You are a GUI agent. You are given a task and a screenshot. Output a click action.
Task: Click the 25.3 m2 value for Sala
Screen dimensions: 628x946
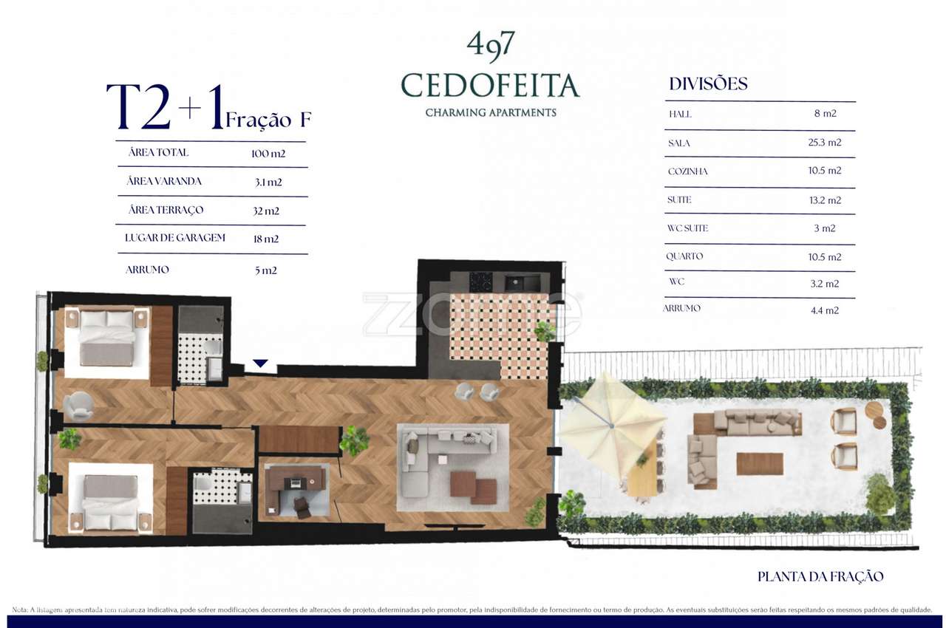(824, 143)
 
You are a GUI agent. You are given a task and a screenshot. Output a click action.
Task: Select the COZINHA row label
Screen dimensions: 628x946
(687, 171)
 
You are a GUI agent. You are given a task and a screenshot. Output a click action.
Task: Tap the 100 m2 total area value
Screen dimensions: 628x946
(268, 154)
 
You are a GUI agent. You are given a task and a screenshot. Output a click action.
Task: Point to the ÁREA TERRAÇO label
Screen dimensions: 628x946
(166, 211)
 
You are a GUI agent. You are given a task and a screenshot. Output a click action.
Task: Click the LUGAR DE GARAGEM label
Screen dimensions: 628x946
(175, 239)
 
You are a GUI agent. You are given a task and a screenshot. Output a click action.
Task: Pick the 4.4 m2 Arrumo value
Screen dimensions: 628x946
(824, 311)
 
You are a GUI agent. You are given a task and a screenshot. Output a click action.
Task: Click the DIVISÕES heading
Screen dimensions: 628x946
(708, 84)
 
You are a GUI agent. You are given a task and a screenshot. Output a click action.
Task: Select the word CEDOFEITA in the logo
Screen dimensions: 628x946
(490, 86)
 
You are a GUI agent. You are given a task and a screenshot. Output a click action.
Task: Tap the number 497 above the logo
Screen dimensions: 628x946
(490, 47)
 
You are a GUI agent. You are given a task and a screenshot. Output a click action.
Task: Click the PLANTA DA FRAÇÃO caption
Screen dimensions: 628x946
(820, 577)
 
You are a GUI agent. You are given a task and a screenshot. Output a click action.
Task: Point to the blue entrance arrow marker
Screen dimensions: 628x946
(260, 364)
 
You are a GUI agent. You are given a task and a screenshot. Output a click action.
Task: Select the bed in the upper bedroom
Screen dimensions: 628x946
(108, 338)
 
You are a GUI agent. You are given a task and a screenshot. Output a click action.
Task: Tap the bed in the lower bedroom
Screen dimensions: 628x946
(111, 502)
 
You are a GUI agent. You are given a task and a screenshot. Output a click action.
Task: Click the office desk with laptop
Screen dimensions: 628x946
(296, 482)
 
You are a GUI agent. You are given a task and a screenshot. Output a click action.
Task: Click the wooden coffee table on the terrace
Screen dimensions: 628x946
(760, 463)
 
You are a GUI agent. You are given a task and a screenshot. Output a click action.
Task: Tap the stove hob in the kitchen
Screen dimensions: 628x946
(481, 281)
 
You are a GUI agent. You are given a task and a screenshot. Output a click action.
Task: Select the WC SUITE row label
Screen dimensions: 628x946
(687, 228)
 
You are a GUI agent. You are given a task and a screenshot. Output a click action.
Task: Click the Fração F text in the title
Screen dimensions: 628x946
(268, 120)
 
